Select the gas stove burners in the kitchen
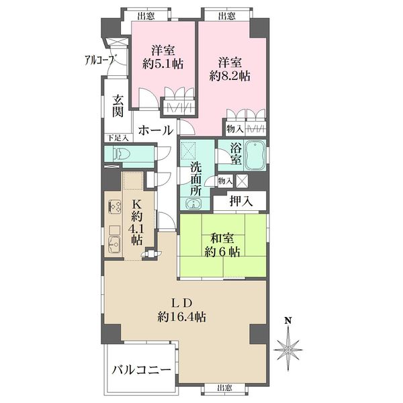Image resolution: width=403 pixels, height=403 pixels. coord(116,206)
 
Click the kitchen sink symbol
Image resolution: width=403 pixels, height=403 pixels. coord(115,244)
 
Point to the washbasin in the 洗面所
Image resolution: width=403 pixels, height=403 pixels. coord(193,204)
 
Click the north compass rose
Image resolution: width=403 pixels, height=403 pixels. coord(288,351)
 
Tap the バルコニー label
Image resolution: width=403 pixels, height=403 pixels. coord(141,370)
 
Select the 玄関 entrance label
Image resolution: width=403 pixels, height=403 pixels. coord(118,106)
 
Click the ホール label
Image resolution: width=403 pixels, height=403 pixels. coord(156,130)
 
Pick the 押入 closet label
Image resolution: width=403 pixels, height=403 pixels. coord(241,201)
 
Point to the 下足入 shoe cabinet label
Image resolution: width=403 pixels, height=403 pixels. coord(118,138)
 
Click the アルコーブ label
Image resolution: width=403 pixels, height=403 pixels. coord(99,60)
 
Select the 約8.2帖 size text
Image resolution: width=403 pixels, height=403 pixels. coord(230,76)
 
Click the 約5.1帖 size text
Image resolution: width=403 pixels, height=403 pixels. coord(163,63)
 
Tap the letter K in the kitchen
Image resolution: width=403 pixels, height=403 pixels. coord(137,204)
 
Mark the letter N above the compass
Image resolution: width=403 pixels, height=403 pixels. coord(288,320)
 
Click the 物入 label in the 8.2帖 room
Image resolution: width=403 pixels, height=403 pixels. coord(234,129)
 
